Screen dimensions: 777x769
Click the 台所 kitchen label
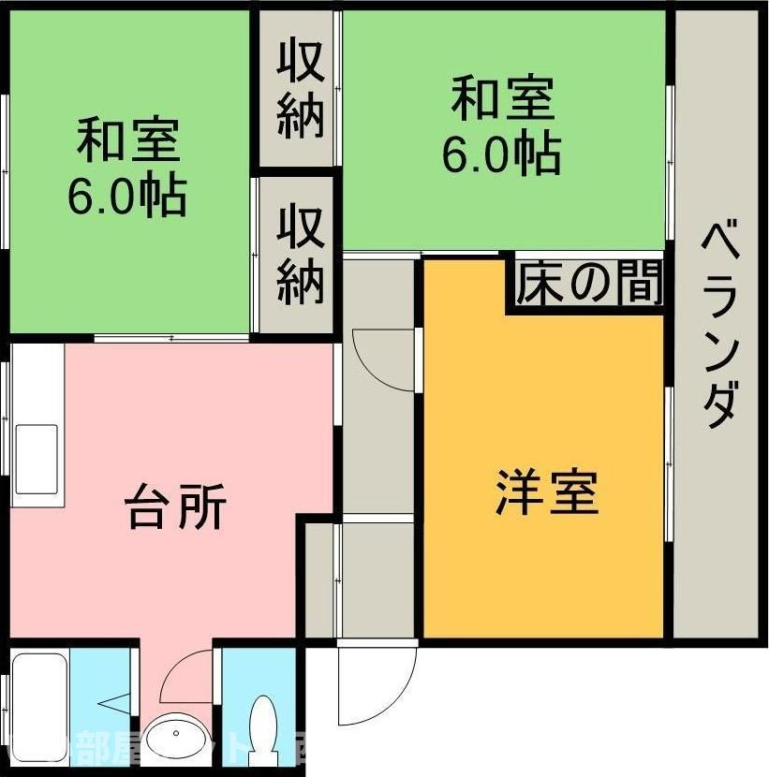pos(175,508)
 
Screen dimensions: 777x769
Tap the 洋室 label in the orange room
pos(546,492)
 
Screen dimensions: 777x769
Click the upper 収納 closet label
pos(300,90)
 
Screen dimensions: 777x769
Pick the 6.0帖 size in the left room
pos(126,195)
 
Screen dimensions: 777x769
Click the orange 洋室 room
pos(543,562)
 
